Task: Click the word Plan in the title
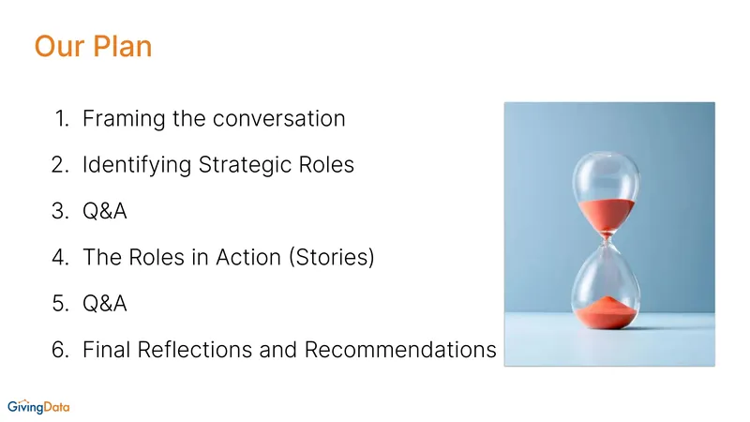(123, 46)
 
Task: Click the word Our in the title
(59, 46)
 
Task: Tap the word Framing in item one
(124, 119)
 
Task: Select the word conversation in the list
(278, 118)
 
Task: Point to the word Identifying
(137, 165)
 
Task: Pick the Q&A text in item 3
(105, 211)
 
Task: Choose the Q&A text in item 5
(105, 303)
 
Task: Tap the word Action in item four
(248, 257)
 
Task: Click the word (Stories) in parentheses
(332, 257)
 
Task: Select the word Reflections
(195, 349)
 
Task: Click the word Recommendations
(400, 349)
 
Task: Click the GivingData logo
(38, 407)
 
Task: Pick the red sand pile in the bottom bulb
(607, 312)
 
